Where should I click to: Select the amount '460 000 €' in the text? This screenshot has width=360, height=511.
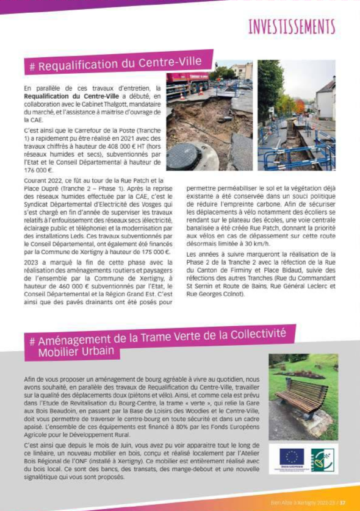coord(68,285)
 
